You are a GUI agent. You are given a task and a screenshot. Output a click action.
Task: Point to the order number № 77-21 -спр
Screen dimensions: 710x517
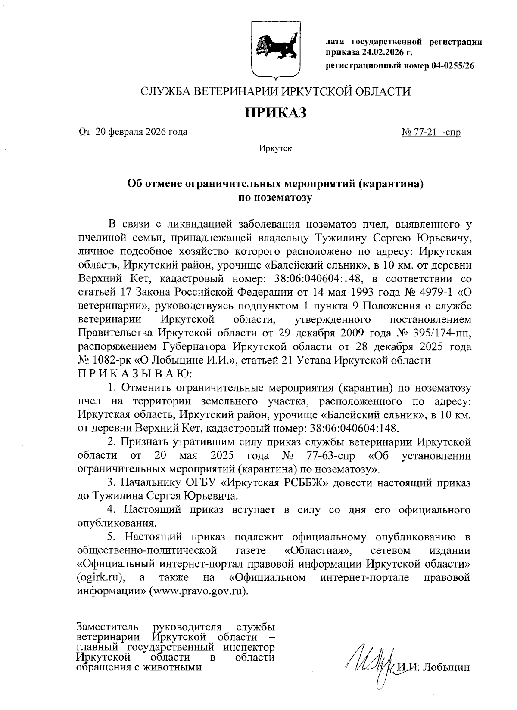click(x=431, y=132)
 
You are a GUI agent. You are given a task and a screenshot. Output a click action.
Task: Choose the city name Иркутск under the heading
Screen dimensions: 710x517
click(x=276, y=149)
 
